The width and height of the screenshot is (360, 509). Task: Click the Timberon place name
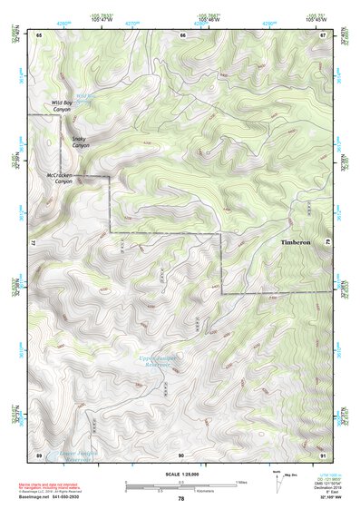point(295,243)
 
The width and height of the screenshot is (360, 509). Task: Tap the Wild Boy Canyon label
point(62,108)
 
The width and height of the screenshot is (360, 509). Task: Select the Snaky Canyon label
point(81,142)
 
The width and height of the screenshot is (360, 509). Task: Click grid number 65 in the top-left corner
point(39,34)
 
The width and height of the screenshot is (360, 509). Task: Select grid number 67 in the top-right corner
point(323,34)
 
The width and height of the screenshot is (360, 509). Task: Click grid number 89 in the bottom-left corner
point(39,454)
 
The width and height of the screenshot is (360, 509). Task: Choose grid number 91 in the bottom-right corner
point(323,454)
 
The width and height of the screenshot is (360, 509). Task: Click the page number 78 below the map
point(181,499)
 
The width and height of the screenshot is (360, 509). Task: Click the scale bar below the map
point(181,484)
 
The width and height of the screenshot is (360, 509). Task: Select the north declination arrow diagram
point(276,480)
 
